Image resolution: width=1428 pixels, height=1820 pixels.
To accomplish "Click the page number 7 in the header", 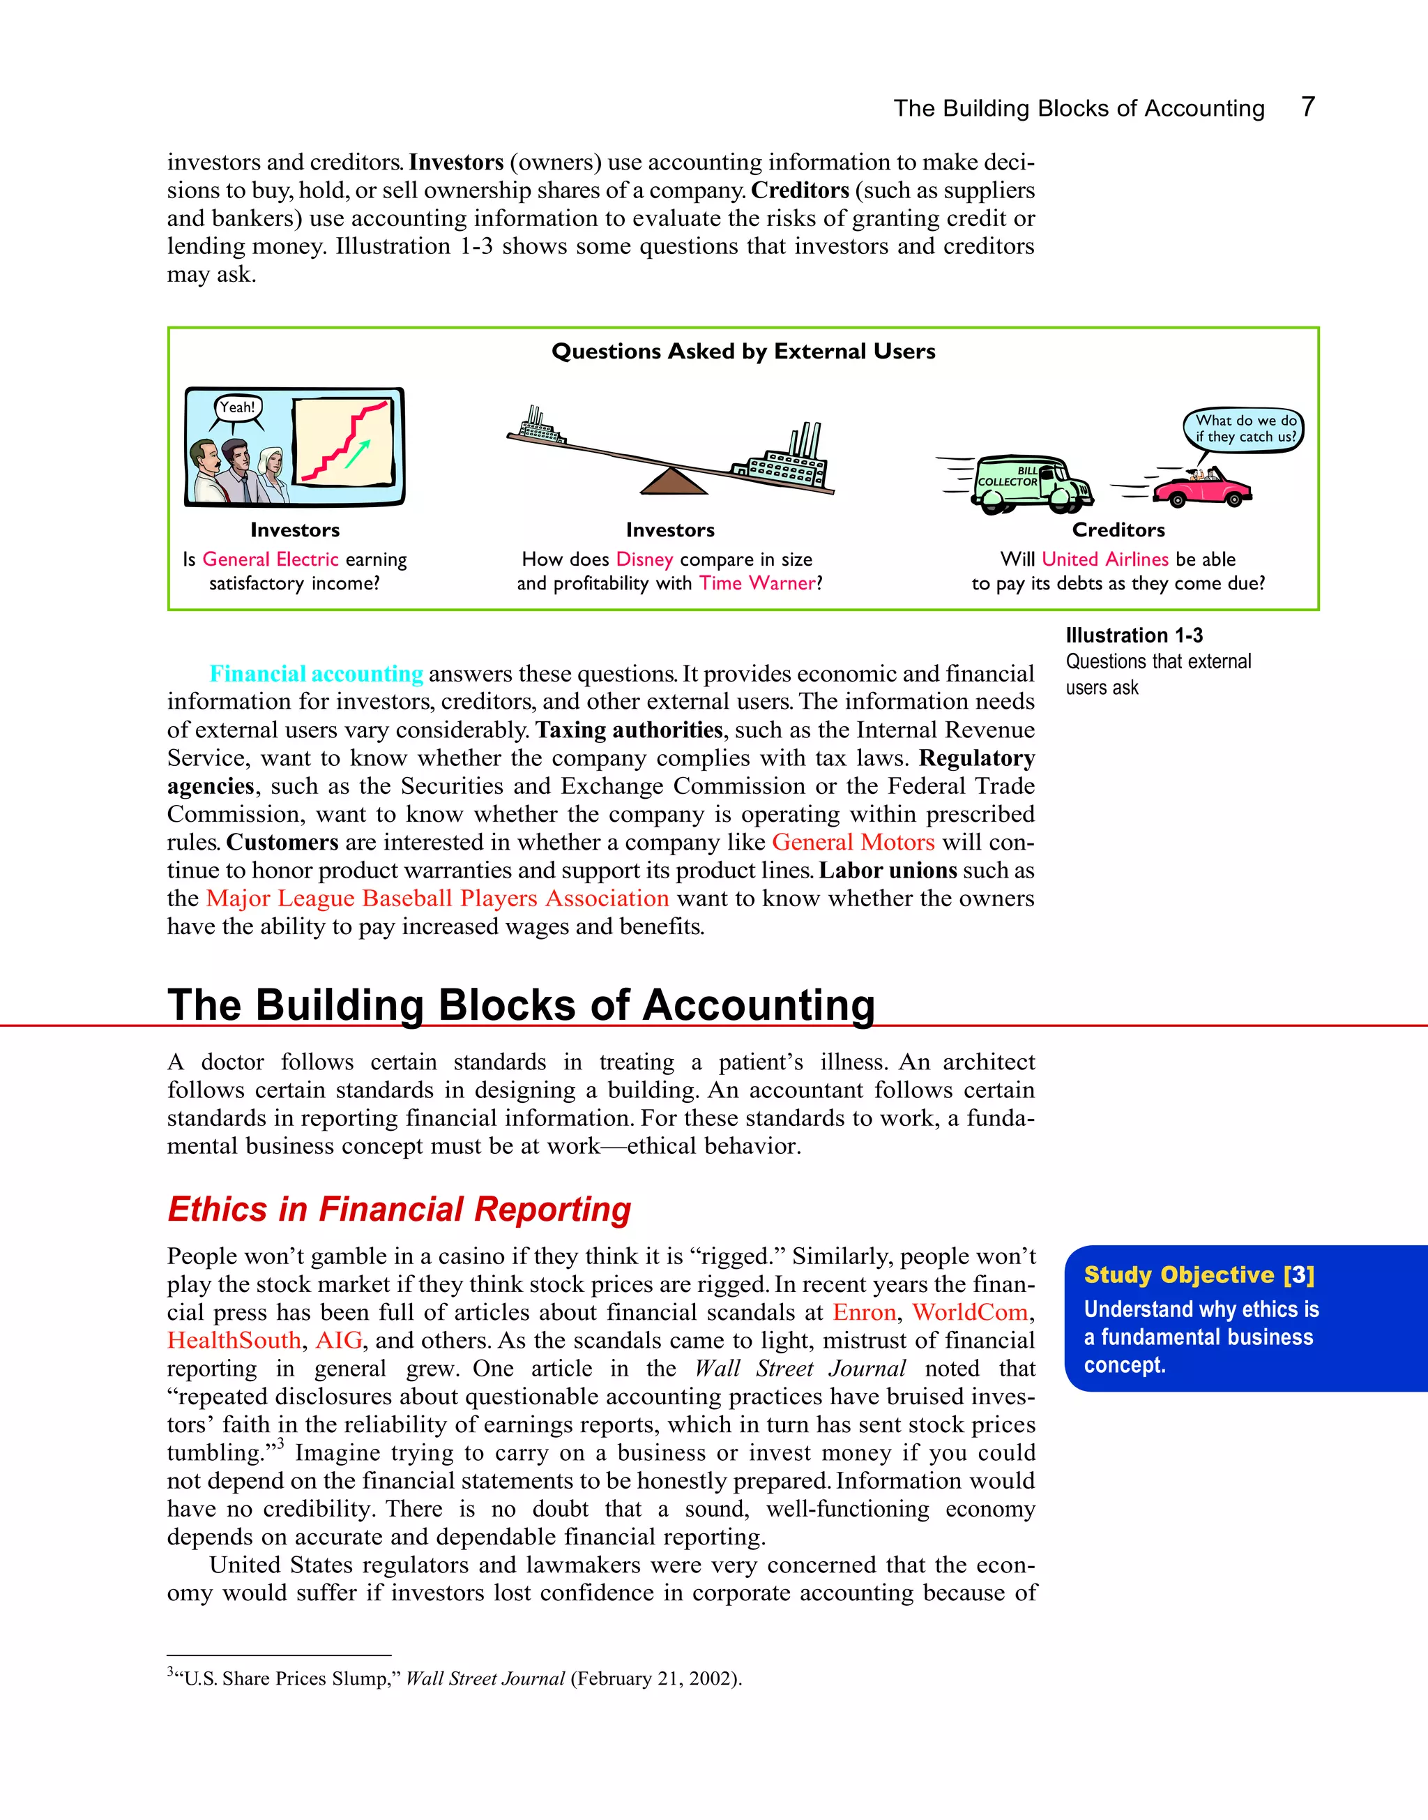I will [1307, 107].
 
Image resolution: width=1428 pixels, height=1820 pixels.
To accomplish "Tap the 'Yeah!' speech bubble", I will [238, 407].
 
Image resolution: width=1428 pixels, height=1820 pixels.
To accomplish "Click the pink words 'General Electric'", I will [270, 559].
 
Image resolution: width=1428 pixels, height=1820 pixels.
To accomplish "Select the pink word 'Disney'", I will [644, 559].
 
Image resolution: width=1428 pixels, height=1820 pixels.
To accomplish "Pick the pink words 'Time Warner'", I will [757, 583].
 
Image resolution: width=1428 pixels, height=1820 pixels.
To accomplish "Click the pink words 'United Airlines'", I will [1104, 559].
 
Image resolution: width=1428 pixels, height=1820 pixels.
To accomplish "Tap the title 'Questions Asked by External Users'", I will [743, 352].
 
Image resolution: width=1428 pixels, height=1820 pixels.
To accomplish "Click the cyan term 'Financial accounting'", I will [316, 673].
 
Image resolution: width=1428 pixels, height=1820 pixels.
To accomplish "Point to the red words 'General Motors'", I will [853, 841].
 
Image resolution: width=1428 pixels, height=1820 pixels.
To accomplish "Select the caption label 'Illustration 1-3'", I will [1134, 635].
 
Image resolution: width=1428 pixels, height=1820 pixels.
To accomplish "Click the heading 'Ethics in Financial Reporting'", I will [400, 1210].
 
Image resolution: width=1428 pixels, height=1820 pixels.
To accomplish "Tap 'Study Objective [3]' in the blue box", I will [1199, 1274].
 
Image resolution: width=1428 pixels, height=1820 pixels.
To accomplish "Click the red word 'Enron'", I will [864, 1312].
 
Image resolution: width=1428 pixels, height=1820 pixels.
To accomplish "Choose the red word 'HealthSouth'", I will [234, 1340].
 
